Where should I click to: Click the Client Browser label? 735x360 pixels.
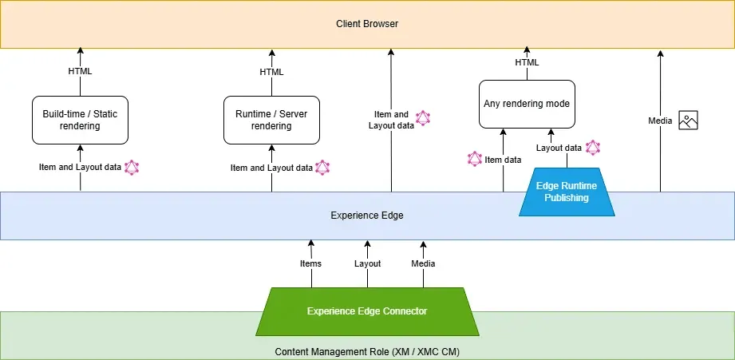[367, 24]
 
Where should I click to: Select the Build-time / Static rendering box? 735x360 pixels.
[80, 120]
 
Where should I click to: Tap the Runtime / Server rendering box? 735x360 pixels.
[271, 120]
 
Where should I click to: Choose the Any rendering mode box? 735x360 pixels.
[526, 104]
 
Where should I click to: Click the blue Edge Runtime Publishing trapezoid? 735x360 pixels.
[566, 192]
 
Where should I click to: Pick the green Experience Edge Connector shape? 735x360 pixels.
[367, 311]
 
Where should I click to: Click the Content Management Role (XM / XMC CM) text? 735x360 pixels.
[367, 352]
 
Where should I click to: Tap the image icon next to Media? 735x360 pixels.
[688, 121]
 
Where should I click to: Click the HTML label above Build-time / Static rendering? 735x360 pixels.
[80, 71]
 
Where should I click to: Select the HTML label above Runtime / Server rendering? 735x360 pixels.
[271, 72]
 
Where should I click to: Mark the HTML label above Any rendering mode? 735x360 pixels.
[527, 62]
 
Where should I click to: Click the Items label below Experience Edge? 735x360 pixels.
[310, 263]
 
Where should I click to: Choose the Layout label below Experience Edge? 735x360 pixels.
[367, 263]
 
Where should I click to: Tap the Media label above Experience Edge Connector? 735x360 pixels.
[423, 263]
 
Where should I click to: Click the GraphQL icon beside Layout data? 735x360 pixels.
[592, 148]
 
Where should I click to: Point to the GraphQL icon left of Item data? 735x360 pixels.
[474, 159]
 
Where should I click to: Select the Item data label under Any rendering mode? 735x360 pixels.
[503, 160]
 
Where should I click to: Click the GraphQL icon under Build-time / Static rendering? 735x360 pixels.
[132, 168]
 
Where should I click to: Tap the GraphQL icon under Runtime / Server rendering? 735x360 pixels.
[322, 168]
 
